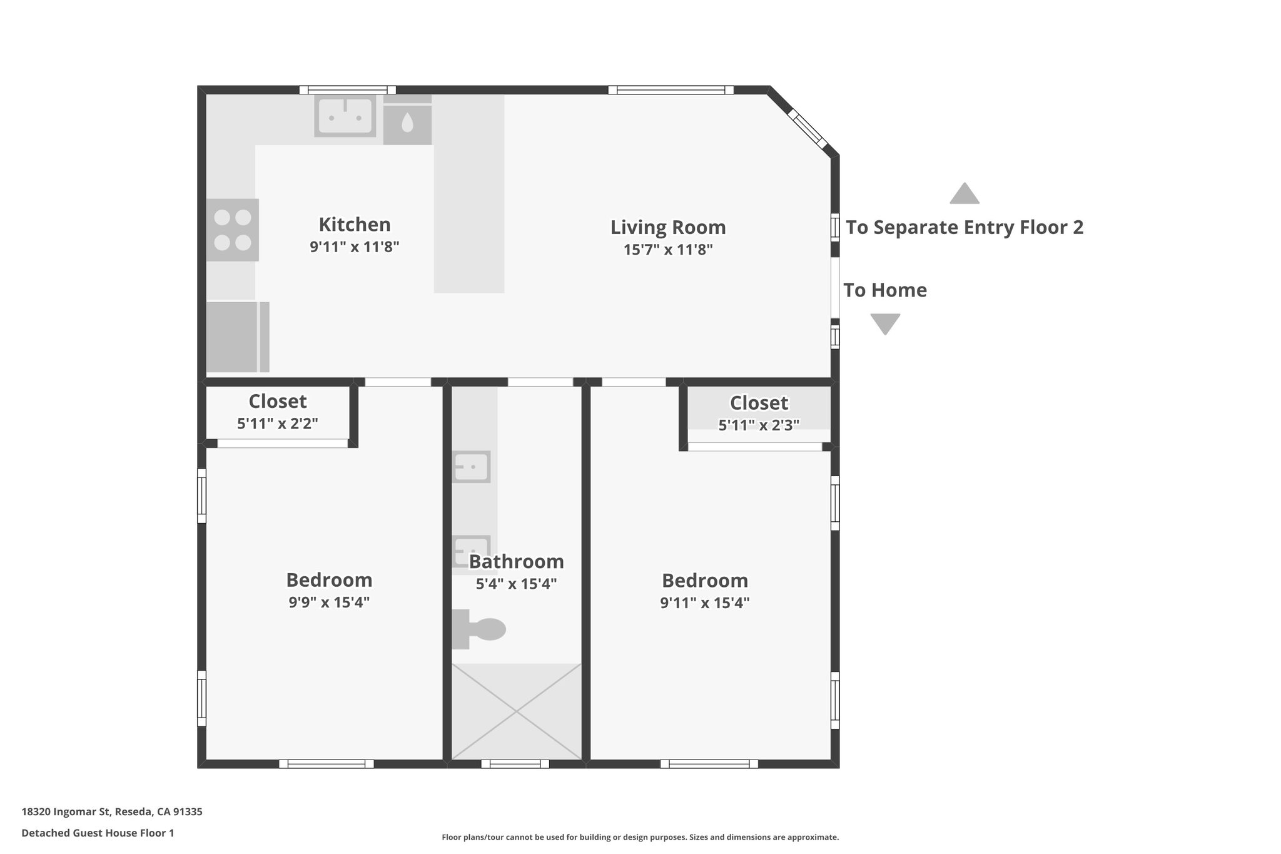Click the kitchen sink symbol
(345, 116)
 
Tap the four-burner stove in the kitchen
(233, 230)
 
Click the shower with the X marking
(516, 711)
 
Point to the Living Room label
(668, 227)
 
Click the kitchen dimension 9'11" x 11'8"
(355, 247)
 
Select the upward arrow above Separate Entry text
(964, 194)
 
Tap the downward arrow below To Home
(885, 323)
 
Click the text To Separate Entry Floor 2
(964, 227)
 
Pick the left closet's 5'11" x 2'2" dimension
(277, 424)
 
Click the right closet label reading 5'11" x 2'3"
(758, 425)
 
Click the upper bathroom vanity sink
(471, 467)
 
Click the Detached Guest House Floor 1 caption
(98, 833)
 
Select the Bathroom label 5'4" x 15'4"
(516, 584)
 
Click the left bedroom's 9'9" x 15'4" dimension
(329, 602)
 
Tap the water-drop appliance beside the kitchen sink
(407, 123)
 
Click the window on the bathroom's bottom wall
(515, 764)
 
